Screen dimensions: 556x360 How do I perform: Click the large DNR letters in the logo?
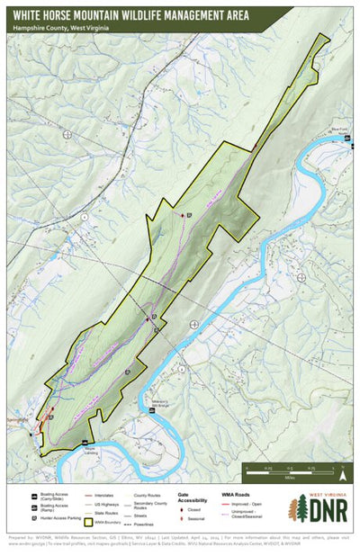(x=324, y=509)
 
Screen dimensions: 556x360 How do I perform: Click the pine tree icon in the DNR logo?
(x=293, y=508)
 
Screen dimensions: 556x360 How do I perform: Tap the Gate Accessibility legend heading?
(x=188, y=498)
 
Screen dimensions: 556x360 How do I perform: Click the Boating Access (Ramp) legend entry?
(x=57, y=507)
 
